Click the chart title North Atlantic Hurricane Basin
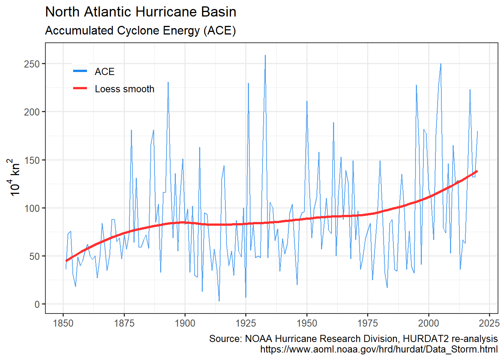[x=141, y=12]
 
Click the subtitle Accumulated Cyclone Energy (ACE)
[x=140, y=30]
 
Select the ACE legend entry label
[x=105, y=72]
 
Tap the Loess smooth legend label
[x=124, y=89]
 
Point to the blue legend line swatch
[x=80, y=71]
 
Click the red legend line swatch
[x=80, y=88]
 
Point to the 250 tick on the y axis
[x=32, y=64]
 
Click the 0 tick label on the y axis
[x=37, y=304]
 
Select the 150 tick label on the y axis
[x=32, y=160]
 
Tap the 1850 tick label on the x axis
[x=63, y=323]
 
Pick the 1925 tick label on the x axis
[x=246, y=323]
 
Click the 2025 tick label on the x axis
[x=489, y=323]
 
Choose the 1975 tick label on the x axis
[x=367, y=323]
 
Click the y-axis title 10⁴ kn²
[x=15, y=177]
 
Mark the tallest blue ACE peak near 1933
[x=265, y=55]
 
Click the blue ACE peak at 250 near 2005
[x=441, y=64]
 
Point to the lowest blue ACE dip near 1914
[x=219, y=301]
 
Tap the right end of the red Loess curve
[x=477, y=171]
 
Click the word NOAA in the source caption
[x=258, y=339]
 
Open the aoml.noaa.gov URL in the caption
[x=379, y=349]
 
